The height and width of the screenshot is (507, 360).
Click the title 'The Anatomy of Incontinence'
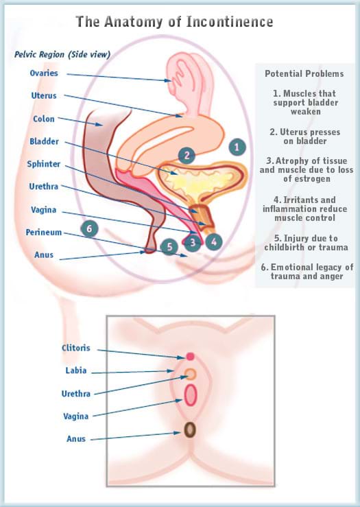click(174, 22)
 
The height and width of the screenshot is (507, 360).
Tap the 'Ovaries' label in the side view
click(43, 73)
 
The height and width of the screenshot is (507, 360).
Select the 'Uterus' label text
click(43, 96)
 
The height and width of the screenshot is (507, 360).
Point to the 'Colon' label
click(43, 119)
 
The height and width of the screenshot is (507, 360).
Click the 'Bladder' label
click(44, 141)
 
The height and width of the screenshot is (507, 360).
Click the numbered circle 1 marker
click(237, 146)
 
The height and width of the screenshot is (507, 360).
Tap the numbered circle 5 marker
click(168, 246)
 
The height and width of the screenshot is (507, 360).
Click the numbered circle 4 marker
click(215, 241)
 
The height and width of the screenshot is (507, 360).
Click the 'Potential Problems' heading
click(304, 73)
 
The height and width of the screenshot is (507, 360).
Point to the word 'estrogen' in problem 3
click(304, 179)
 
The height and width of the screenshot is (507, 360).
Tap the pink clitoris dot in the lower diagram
click(191, 356)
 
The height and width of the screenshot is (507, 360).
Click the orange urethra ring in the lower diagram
click(191, 374)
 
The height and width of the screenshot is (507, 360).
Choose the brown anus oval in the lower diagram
click(191, 429)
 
